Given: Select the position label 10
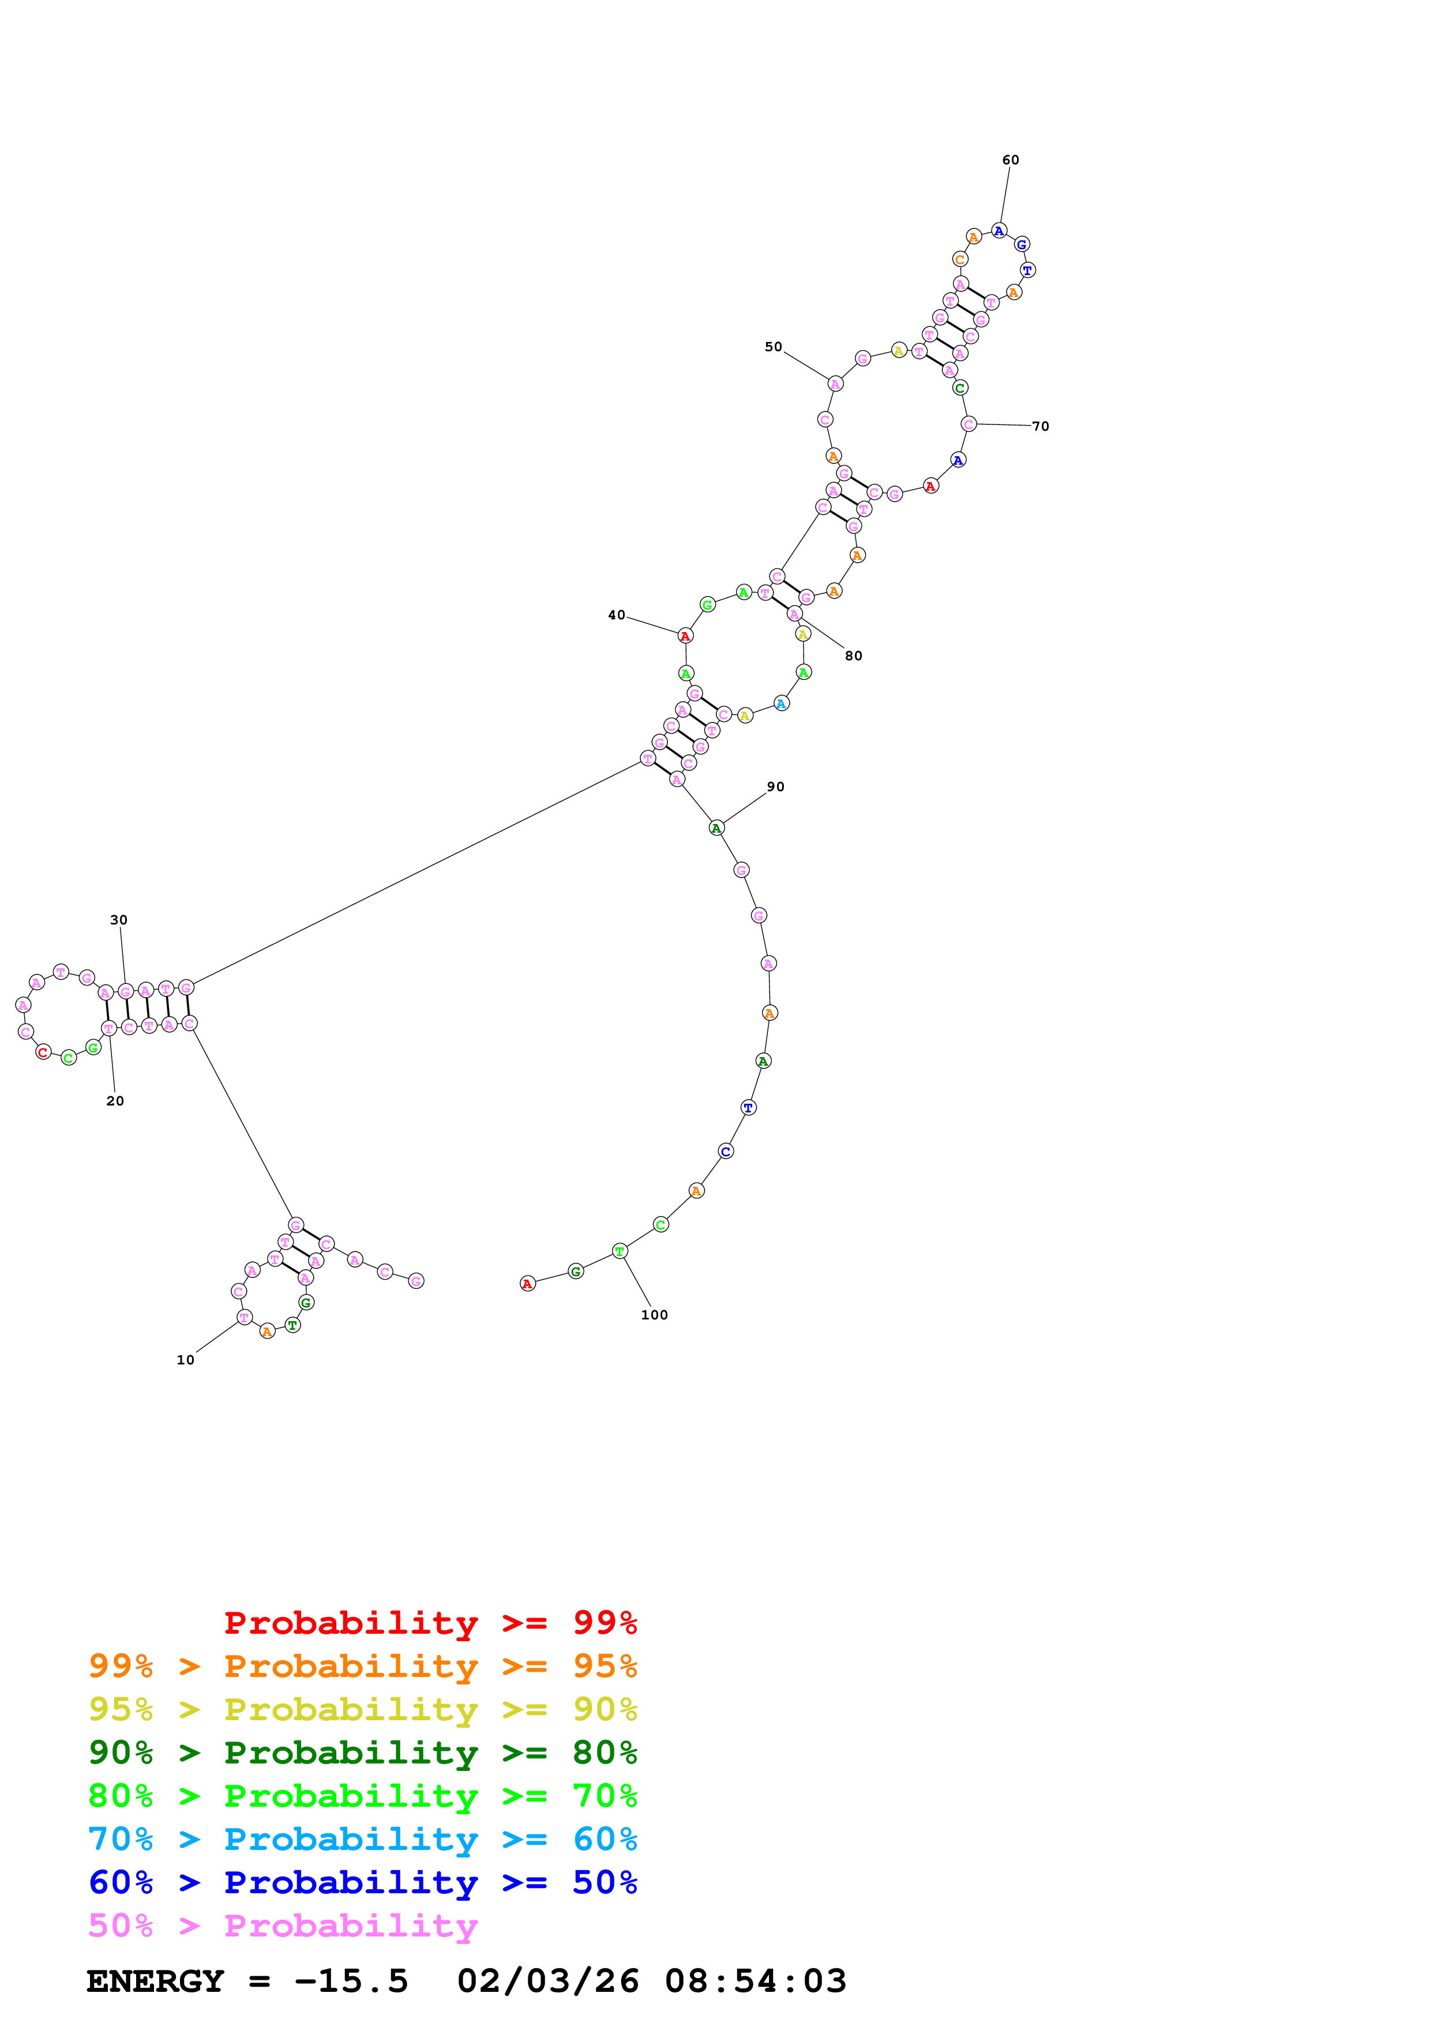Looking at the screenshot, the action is click(185, 1360).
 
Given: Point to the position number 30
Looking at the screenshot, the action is click(119, 920).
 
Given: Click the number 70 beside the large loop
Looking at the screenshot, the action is click(1041, 426).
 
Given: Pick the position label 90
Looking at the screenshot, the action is click(775, 787).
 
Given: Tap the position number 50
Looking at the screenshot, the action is click(773, 347).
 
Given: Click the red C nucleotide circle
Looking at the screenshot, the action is click(43, 1052).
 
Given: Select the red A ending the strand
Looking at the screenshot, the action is click(527, 1284).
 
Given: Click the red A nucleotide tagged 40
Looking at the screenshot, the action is click(685, 636).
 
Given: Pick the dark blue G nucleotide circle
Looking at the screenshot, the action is click(1021, 244).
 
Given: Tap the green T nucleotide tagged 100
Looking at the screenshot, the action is click(620, 1251).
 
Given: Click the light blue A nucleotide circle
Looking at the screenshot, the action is click(780, 703).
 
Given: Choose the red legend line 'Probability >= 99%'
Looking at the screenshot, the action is click(430, 1623).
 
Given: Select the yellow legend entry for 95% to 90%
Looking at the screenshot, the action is click(362, 1709).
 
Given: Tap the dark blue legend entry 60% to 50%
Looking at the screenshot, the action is click(362, 1882).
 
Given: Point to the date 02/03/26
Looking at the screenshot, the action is click(547, 1981).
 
